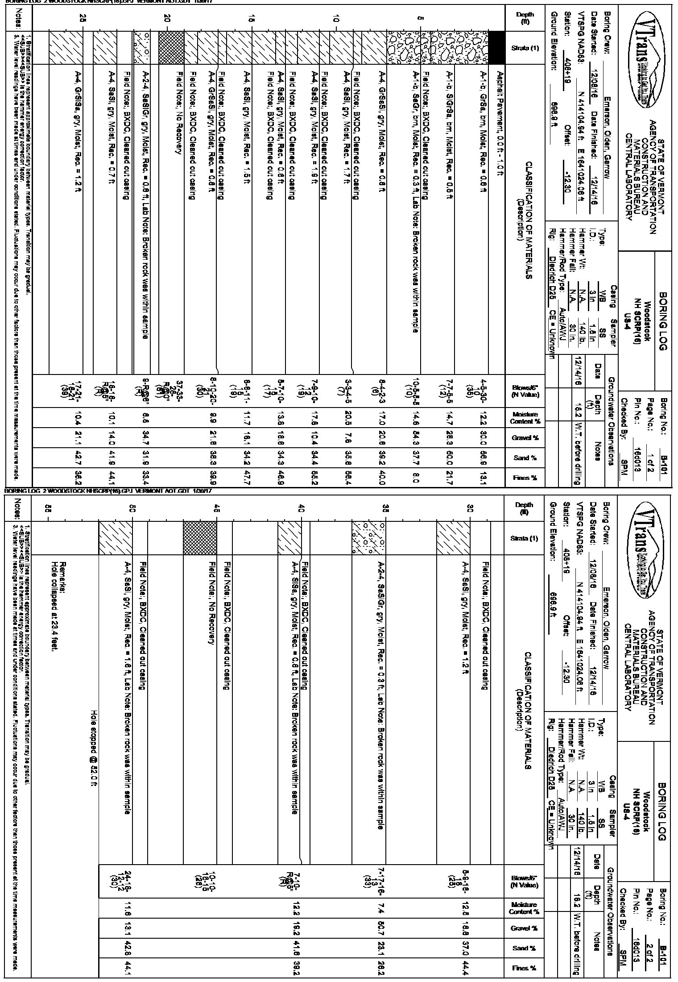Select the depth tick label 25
[x=82, y=18]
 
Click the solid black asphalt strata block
[x=497, y=47]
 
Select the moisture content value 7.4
[x=380, y=907]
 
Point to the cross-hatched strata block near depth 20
[x=172, y=47]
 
